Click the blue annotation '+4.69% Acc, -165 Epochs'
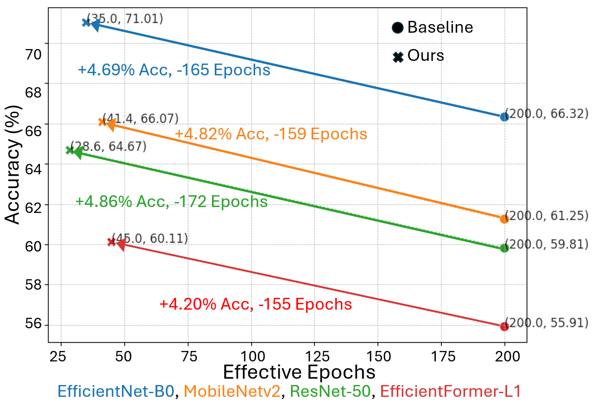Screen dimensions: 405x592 [174, 70]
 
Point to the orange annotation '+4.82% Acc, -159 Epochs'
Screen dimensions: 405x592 [271, 134]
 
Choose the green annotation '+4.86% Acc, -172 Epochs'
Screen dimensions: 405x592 [171, 202]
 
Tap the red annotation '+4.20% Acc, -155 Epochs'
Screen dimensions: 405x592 [256, 304]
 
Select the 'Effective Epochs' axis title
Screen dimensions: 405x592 [299, 372]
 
